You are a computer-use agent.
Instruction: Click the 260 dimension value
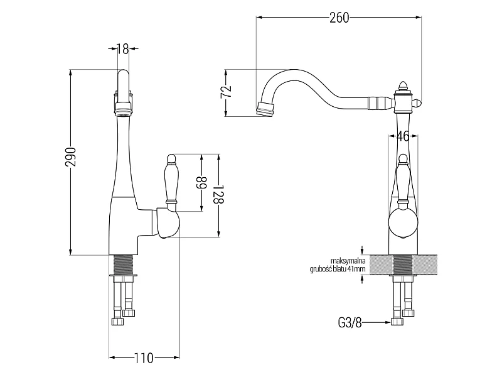pyautogui.click(x=339, y=18)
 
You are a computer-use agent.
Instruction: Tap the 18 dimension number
pyautogui.click(x=122, y=49)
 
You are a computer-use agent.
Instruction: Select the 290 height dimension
pyautogui.click(x=70, y=157)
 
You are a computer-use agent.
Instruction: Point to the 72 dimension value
pyautogui.click(x=227, y=92)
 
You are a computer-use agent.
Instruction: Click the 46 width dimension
pyautogui.click(x=403, y=136)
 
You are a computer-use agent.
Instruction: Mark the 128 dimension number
pyautogui.click(x=218, y=194)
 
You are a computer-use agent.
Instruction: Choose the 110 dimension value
pyautogui.click(x=144, y=358)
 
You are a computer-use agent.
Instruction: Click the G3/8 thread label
pyautogui.click(x=350, y=322)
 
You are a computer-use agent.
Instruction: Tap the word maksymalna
pyautogui.click(x=348, y=261)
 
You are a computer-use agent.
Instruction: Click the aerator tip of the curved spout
pyautogui.click(x=265, y=109)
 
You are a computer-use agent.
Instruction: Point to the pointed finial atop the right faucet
pyautogui.click(x=403, y=85)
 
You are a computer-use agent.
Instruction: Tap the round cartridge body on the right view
pyautogui.click(x=403, y=223)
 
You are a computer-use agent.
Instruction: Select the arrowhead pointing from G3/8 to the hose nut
pyautogui.click(x=388, y=322)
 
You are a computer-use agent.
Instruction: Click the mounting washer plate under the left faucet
pyautogui.click(x=124, y=275)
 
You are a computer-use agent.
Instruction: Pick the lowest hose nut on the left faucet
pyautogui.click(x=117, y=322)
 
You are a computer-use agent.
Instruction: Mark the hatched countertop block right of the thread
pyautogui.click(x=425, y=265)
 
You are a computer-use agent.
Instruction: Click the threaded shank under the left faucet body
pyautogui.click(x=124, y=265)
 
